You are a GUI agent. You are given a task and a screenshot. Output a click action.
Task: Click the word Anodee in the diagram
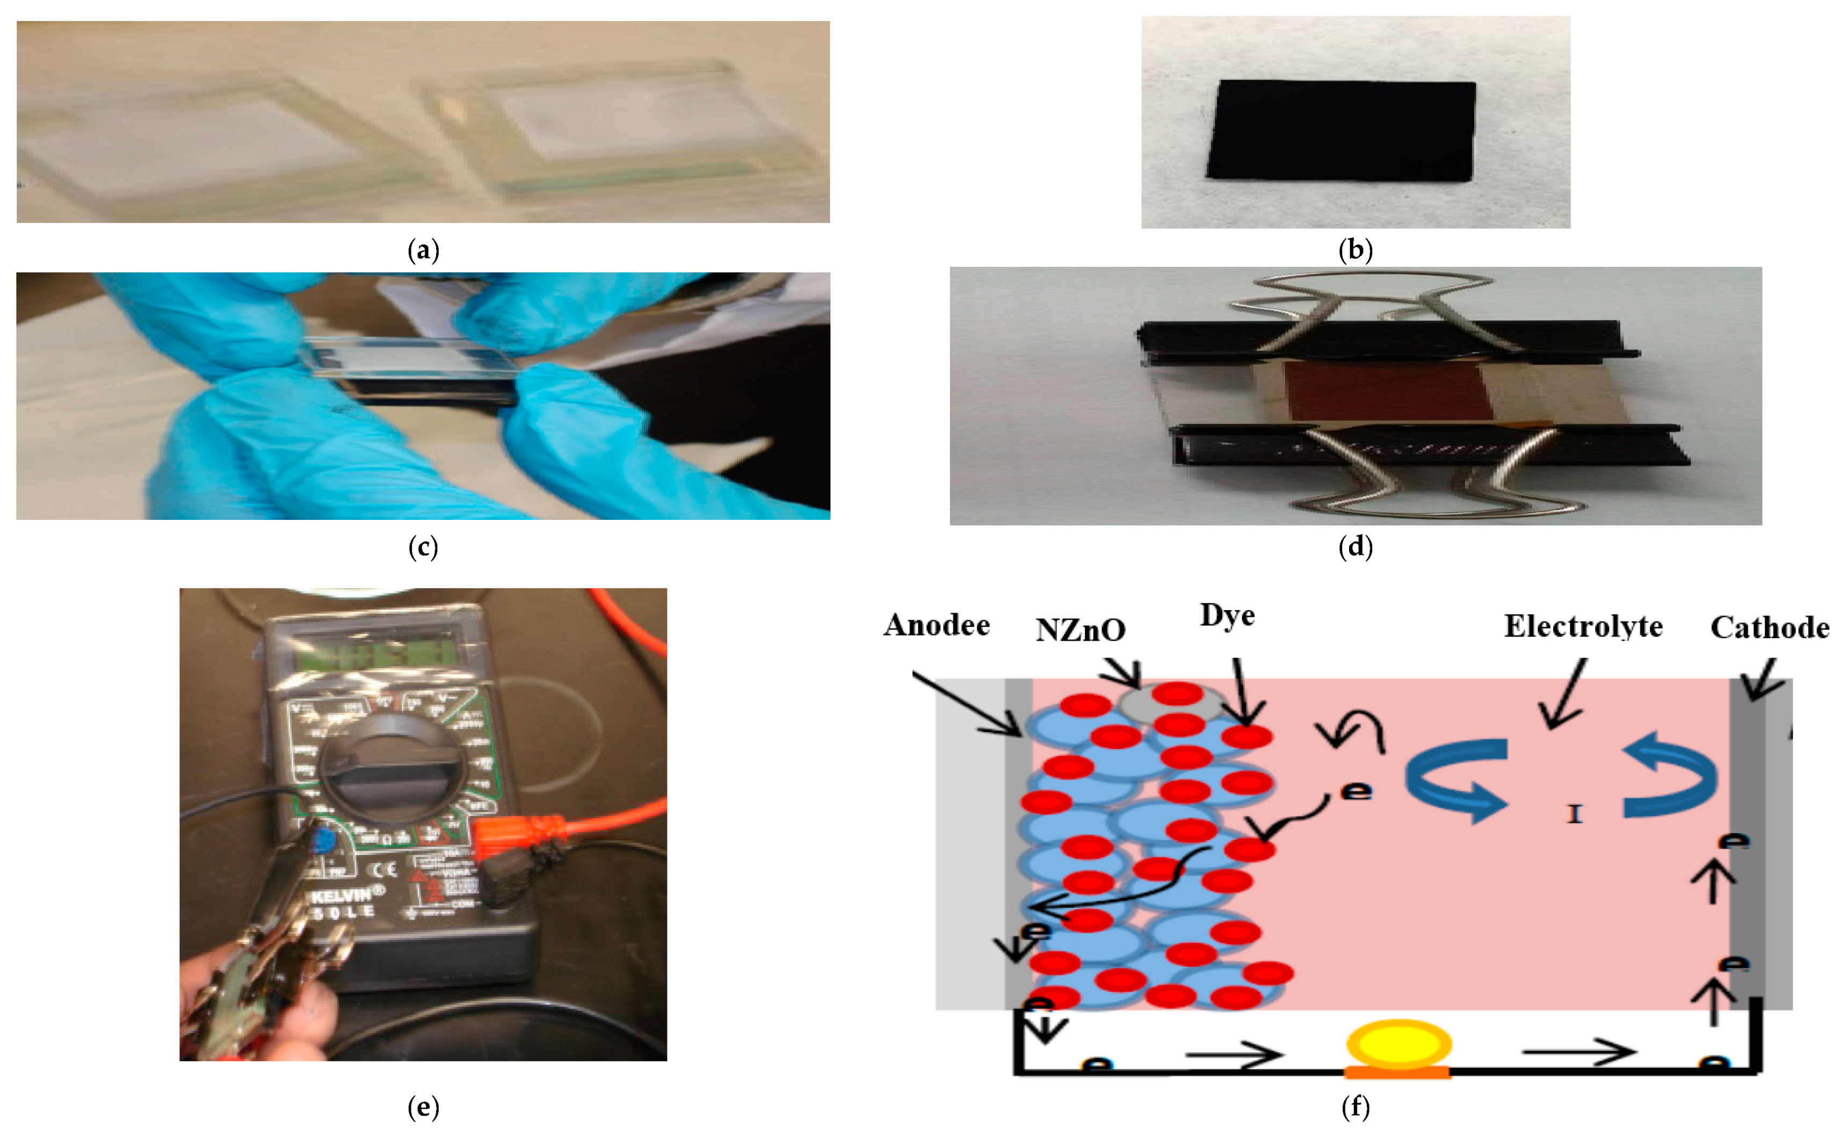(x=936, y=625)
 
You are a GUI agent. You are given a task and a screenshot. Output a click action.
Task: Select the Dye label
(x=1227, y=616)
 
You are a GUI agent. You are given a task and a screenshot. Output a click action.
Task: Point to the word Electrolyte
(x=1583, y=627)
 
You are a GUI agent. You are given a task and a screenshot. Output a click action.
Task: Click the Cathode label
(x=1770, y=627)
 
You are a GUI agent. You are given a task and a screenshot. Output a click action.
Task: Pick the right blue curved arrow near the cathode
(x=1671, y=778)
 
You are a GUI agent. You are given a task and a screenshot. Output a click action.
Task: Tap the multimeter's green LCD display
(x=375, y=654)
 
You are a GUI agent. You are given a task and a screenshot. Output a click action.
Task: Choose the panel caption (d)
(x=1355, y=547)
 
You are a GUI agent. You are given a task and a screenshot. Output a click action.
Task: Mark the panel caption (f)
(x=1355, y=1106)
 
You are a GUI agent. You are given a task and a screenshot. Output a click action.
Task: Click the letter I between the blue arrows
(x=1574, y=814)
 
